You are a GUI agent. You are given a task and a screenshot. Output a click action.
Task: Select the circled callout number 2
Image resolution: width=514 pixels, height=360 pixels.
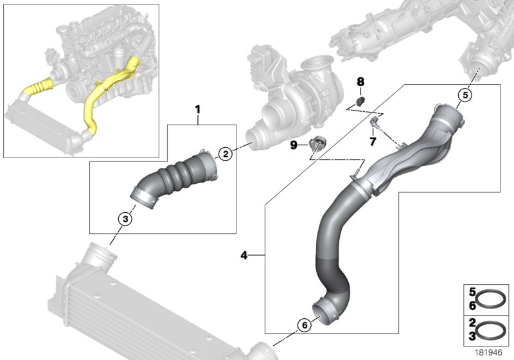[x=225, y=153]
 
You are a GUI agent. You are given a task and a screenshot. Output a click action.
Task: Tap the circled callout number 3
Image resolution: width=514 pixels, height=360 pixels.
[x=125, y=220]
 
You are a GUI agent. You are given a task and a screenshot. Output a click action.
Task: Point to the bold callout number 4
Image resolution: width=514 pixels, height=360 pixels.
[x=244, y=256]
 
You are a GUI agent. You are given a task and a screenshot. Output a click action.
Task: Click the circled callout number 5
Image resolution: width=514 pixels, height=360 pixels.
[x=465, y=96]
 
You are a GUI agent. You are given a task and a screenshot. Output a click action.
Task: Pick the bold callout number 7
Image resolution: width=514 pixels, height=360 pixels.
[x=371, y=140]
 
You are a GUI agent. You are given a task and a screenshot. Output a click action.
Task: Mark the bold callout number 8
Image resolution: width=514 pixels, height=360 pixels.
[x=360, y=82]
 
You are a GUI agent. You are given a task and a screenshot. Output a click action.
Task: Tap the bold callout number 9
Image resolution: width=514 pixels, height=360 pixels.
[x=294, y=146]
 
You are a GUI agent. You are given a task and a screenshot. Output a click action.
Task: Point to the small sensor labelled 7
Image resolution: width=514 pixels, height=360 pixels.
[x=375, y=122]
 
